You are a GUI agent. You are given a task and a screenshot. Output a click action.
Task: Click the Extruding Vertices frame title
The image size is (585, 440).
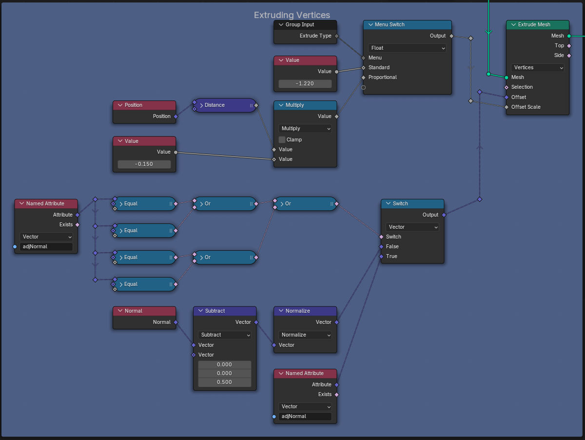pos(292,15)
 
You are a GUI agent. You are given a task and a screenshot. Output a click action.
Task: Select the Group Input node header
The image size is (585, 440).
pos(305,25)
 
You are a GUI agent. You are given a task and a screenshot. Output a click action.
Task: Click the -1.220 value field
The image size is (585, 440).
pos(305,83)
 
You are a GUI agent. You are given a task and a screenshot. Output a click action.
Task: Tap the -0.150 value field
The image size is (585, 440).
pos(144,164)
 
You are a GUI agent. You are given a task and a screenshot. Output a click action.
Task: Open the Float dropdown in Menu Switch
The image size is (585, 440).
pos(407,48)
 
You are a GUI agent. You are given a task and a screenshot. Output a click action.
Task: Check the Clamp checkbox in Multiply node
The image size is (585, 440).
pos(282,140)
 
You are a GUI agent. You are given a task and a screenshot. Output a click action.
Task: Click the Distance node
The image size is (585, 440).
pos(224,105)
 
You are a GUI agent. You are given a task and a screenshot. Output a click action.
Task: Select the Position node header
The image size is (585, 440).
pos(144,105)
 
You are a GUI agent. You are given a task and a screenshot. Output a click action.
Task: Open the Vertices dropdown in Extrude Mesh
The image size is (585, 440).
pos(538,67)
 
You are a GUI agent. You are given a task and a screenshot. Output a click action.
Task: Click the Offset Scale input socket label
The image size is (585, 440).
pos(526,107)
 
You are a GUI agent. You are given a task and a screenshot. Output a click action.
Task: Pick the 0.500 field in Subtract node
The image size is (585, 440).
pos(225,382)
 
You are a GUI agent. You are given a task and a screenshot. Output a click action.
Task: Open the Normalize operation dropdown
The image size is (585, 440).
pos(305,335)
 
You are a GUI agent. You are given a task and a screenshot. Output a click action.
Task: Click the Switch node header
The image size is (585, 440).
pos(412,203)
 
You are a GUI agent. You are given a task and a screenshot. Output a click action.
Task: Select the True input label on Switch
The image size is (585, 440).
pos(391,256)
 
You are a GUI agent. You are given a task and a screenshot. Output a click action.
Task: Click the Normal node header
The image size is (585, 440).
pos(144,311)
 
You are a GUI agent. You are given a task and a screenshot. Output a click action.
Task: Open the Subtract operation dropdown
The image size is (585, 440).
pos(225,335)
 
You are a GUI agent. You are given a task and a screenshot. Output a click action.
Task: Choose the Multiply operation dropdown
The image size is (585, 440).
pos(305,128)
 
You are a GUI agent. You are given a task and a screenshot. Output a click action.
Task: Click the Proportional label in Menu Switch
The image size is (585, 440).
pos(382,77)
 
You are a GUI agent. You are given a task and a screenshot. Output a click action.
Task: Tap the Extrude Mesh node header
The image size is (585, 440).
pos(538,25)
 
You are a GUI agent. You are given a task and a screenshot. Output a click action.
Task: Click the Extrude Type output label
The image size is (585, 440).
pos(315,36)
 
